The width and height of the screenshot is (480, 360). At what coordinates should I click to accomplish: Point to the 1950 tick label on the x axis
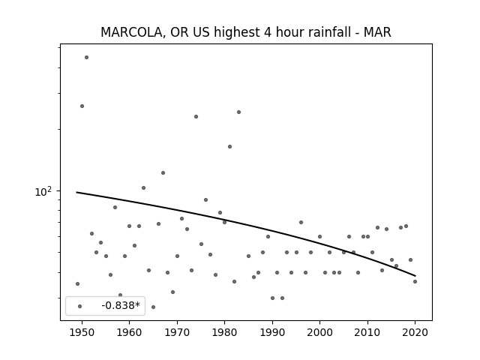pos(82,332)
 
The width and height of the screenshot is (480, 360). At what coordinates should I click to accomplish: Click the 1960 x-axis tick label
pos(129,332)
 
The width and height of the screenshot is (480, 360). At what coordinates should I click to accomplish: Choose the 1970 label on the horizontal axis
pos(177,332)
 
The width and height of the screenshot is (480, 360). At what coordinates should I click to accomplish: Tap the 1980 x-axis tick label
pos(224,332)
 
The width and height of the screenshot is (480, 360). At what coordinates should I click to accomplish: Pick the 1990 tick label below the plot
pos(272,332)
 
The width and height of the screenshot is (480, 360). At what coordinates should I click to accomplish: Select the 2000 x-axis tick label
pos(320,332)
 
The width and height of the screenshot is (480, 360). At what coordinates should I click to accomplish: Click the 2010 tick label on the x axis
pos(367,332)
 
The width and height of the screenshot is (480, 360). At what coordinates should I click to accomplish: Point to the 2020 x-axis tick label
pos(415,332)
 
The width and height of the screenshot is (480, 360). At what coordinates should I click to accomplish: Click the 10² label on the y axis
pos(43,192)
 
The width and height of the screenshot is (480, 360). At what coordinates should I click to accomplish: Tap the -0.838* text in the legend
pos(121,305)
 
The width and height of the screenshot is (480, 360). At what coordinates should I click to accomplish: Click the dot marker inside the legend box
pos(80,306)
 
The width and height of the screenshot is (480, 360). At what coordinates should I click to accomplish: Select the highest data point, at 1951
pos(87,57)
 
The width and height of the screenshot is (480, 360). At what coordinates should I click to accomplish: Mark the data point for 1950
pos(82,106)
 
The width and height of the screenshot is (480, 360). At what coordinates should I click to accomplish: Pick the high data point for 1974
pos(196,117)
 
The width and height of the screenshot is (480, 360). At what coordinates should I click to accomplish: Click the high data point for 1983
pos(238,112)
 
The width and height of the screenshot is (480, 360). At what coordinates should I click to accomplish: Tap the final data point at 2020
pos(415,282)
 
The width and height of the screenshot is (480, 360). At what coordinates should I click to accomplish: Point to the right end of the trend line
pos(415,276)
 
